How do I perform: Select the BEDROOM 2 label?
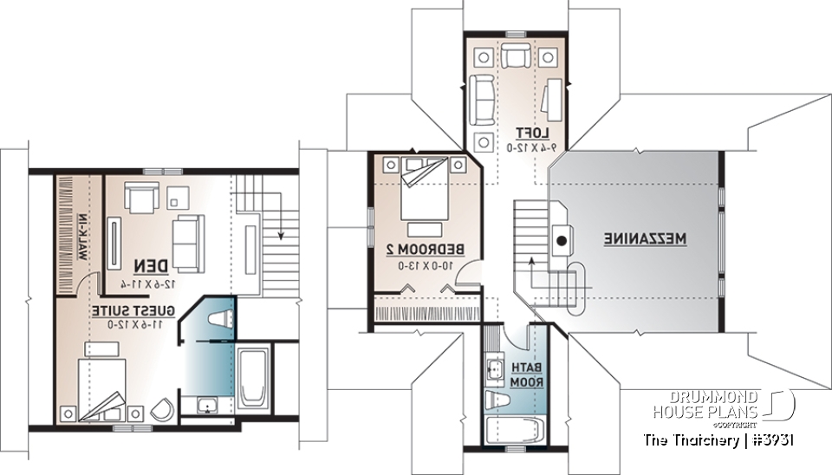(424, 251)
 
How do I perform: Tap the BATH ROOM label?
(523, 374)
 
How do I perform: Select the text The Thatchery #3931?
(718, 440)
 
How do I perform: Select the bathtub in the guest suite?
(252, 379)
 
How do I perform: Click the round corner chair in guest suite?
(160, 411)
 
